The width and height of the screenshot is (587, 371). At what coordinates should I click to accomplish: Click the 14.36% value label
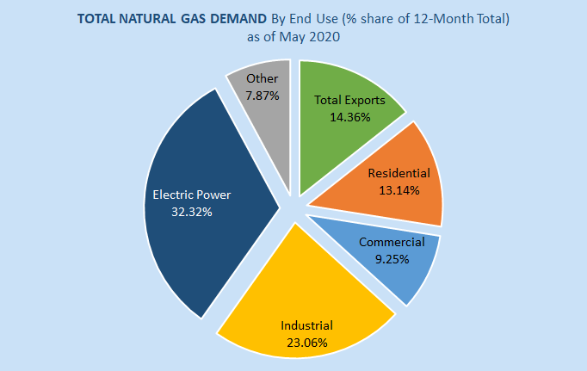point(349,116)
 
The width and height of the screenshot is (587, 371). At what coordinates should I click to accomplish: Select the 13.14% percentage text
point(399,189)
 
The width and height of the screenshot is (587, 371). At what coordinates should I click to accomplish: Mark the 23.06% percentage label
point(306,341)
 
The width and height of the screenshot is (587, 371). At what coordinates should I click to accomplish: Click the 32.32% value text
point(191,210)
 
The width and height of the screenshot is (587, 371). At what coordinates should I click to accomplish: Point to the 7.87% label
point(262,96)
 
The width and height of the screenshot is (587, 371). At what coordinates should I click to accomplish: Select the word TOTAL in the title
point(97,19)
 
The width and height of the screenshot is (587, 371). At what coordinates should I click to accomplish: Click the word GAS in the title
point(195,19)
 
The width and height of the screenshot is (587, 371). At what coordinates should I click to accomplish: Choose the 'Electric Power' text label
point(191,195)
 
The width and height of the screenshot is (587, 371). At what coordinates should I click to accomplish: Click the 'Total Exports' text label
point(349,101)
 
